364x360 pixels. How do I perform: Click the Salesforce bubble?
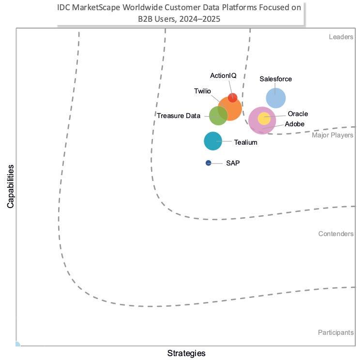[x=276, y=98]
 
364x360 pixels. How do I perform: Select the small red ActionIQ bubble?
[x=233, y=97]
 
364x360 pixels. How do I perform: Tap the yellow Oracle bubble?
[x=264, y=118]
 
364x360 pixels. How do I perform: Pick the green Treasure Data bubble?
[x=218, y=116]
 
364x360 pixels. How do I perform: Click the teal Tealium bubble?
[x=212, y=141]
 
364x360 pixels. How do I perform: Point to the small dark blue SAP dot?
[x=208, y=163]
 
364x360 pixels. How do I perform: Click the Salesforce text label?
[x=275, y=79]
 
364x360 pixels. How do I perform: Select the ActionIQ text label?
[x=223, y=75]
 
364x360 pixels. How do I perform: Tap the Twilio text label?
[x=202, y=91]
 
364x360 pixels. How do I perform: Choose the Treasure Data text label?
[x=179, y=116]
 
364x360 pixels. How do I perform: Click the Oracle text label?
[x=298, y=114]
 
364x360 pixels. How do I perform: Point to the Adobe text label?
[x=295, y=124]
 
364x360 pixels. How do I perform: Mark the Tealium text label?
[x=245, y=142]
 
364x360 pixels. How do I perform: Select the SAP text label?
[x=233, y=163]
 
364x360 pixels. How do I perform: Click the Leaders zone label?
[x=341, y=37]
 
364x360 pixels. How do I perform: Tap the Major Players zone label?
[x=333, y=135]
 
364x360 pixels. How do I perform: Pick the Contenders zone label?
[x=335, y=234]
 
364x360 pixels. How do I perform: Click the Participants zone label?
[x=335, y=332]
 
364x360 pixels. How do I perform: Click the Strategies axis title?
[x=186, y=353]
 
